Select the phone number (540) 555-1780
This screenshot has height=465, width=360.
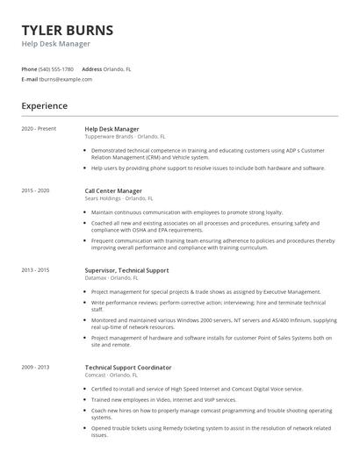coord(56,68)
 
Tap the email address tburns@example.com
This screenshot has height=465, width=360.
coord(66,79)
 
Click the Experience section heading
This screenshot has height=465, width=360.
coord(45,106)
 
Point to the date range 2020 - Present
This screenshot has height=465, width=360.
coord(39,129)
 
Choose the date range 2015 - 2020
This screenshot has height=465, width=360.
coord(36,190)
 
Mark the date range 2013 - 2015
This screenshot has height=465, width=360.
coord(36,270)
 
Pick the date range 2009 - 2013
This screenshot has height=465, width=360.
coord(36,367)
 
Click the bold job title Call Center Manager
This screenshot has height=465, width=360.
coord(117,190)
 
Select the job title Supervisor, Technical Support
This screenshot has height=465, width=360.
coord(126,270)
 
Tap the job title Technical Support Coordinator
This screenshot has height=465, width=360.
coord(128,367)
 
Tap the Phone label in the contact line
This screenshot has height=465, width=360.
coord(29,68)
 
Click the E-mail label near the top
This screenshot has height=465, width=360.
coord(29,79)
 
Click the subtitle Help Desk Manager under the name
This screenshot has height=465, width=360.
coord(55,44)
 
